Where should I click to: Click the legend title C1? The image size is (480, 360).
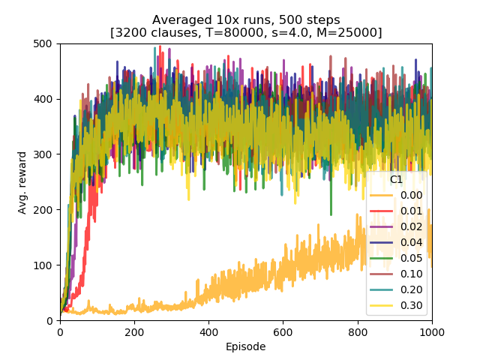397,180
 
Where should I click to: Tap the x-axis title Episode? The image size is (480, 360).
246,346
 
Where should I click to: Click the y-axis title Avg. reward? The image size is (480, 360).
22,182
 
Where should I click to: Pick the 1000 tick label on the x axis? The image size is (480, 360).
432,331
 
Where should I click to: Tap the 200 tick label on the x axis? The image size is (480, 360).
135,331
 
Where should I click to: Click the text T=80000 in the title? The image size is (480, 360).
261,32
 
